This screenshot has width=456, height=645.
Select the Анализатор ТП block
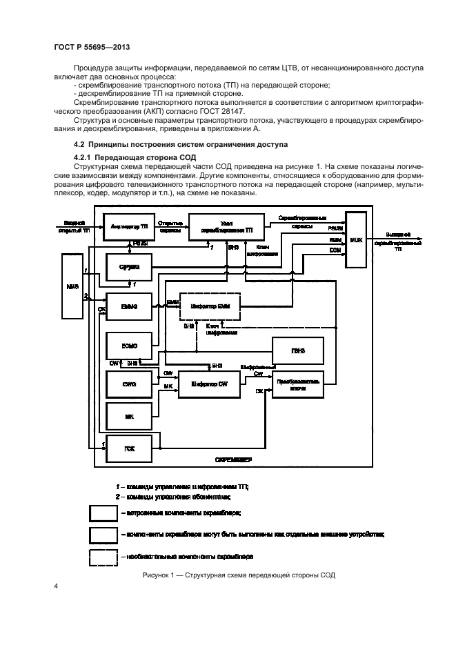tap(128, 226)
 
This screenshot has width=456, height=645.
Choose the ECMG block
tap(128, 345)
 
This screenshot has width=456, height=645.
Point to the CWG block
tap(128, 384)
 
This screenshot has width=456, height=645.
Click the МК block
tap(128, 416)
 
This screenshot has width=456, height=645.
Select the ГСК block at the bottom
tap(128, 448)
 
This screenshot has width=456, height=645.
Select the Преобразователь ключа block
tap(299, 385)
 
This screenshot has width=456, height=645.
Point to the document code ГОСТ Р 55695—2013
tap(91, 47)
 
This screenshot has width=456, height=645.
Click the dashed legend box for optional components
tap(102, 555)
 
